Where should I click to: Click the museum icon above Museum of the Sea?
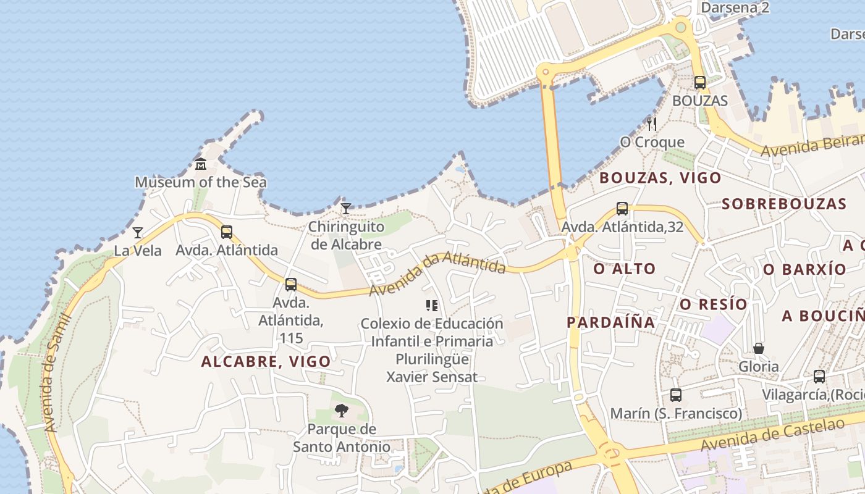coord(201,164)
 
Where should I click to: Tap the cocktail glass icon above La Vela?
coord(138,233)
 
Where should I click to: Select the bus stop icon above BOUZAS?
coord(699,83)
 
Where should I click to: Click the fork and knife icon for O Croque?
coord(651,124)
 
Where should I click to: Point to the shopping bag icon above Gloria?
coord(759,348)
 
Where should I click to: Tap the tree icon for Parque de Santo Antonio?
coord(341,411)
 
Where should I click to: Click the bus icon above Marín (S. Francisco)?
coord(676,395)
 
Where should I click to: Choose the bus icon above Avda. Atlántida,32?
coord(622,209)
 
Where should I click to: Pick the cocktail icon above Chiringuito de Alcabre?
coord(346,209)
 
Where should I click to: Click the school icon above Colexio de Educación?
coord(432,305)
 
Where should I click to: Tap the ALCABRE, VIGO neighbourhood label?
coord(266,362)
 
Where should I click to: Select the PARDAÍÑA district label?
coord(610,322)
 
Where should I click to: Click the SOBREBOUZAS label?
coord(783,204)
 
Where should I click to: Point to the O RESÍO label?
coord(714,304)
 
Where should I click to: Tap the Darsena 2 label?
coord(735,7)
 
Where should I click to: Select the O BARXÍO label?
coord(804,269)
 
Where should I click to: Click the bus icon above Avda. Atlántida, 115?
coord(291,285)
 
